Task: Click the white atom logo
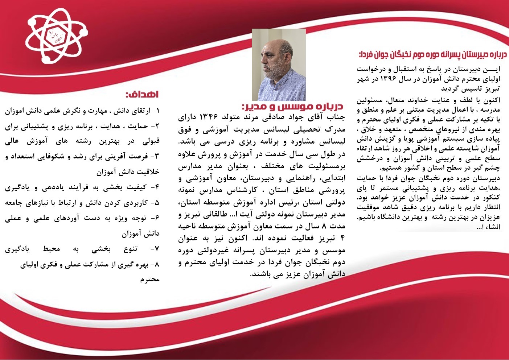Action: (x=57, y=36)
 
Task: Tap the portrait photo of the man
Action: (x=279, y=65)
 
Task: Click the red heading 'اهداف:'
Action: (x=142, y=94)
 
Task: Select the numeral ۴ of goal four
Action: (x=157, y=187)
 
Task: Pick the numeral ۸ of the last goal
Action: (x=157, y=265)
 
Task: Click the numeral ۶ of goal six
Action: (x=157, y=218)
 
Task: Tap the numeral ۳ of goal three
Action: (x=157, y=157)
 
